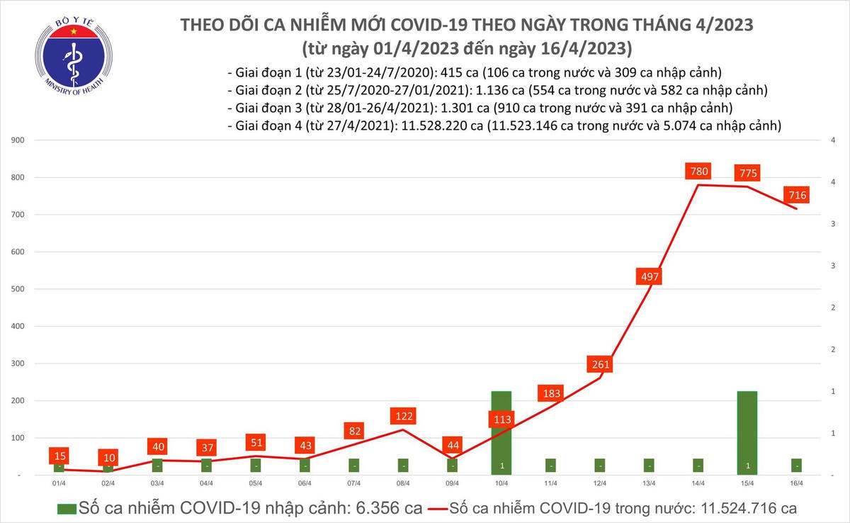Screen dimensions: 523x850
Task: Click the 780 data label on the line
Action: (x=699, y=171)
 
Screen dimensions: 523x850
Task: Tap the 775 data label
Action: (x=748, y=173)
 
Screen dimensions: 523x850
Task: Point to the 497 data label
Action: (x=650, y=276)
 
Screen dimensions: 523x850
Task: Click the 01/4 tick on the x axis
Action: (x=59, y=483)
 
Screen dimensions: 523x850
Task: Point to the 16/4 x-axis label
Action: (x=797, y=483)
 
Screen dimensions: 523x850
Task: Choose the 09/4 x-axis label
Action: (x=453, y=483)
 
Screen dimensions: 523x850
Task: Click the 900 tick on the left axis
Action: (x=19, y=140)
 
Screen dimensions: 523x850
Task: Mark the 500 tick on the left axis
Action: (x=19, y=289)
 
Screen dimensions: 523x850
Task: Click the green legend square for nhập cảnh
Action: (x=66, y=508)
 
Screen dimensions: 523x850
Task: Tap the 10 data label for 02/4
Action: (x=108, y=458)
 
